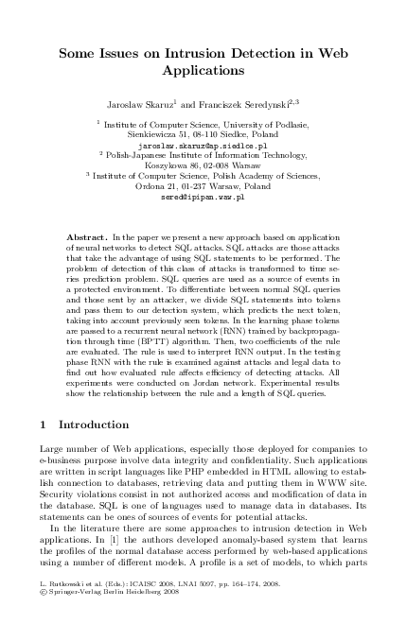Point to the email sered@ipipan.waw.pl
click(203, 197)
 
